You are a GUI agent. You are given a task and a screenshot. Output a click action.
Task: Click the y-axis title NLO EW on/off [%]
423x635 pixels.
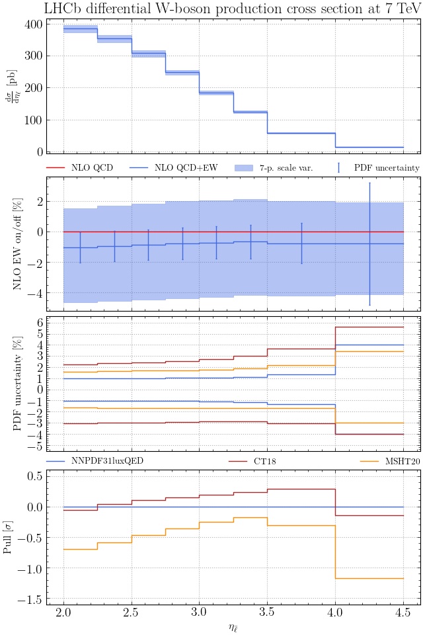coord(18,243)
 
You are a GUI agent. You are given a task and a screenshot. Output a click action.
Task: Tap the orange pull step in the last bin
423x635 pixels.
coord(369,579)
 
